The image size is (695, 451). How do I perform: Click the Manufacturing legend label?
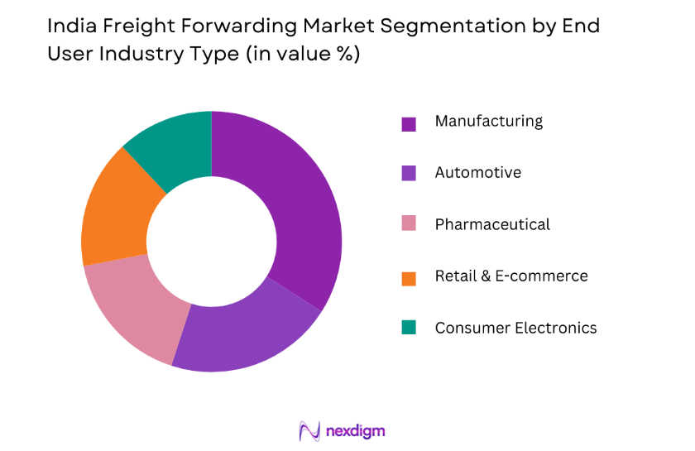488,121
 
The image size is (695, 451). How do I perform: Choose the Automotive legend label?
477,172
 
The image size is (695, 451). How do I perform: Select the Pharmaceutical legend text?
492,224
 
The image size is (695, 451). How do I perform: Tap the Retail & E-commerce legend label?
510,276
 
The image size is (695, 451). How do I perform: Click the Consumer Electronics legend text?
515,328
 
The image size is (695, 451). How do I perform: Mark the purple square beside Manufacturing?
409,123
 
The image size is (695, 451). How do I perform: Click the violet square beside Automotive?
409,174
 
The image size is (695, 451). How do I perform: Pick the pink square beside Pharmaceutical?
409,226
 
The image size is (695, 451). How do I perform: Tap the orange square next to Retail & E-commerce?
409,277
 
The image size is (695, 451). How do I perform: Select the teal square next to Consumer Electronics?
409,329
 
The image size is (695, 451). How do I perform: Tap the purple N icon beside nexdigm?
309,431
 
